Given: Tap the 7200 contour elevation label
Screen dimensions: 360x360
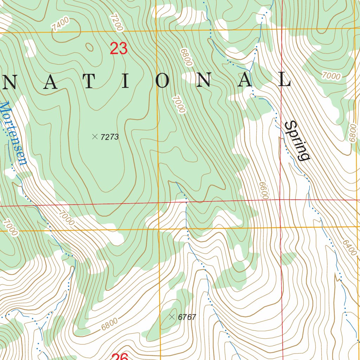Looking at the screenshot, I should click(x=117, y=22).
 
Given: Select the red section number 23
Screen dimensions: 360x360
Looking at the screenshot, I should click(x=118, y=49).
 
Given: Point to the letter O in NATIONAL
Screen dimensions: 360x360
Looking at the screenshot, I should click(x=163, y=81).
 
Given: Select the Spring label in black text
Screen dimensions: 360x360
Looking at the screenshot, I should click(x=297, y=140).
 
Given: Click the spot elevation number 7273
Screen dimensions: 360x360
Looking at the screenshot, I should click(x=109, y=137).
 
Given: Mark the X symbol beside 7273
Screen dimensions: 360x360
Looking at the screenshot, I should click(x=95, y=136).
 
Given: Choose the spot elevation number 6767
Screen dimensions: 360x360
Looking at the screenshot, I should click(x=187, y=317).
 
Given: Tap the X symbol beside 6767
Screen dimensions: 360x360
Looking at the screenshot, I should click(x=172, y=317).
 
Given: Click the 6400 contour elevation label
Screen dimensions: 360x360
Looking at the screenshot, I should click(x=348, y=248).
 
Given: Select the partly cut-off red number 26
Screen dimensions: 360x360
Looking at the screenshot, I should click(x=120, y=356).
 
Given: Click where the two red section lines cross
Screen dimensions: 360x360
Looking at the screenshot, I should click(x=280, y=200).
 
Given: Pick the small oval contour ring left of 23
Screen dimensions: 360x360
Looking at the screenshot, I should click(x=90, y=47).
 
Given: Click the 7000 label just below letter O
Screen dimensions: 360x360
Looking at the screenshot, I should click(x=179, y=104).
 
